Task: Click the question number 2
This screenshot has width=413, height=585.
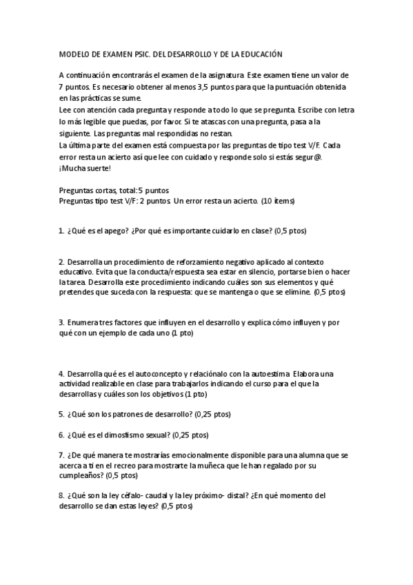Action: coord(61,261)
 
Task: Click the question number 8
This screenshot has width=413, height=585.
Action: coord(61,495)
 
